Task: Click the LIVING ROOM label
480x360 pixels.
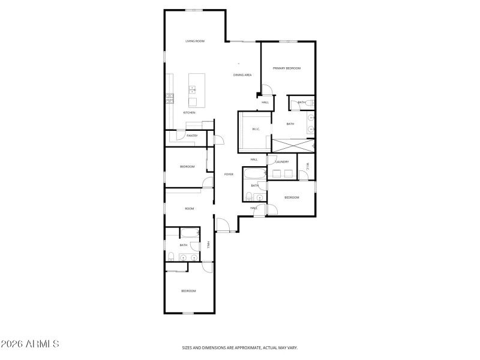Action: tap(194, 41)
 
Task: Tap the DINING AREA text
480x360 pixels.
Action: tap(242, 75)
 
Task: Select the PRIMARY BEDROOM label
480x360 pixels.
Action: tap(286, 68)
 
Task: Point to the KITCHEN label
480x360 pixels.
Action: tap(189, 113)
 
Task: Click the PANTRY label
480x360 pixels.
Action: tap(192, 136)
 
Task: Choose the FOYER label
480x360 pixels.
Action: tap(229, 175)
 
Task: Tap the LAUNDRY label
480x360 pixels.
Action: tap(282, 162)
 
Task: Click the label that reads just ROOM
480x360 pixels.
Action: tap(190, 208)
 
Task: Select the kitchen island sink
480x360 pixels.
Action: tap(193, 90)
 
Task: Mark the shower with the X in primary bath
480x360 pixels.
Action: tap(292, 145)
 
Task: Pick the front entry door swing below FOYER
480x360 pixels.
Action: tap(222, 225)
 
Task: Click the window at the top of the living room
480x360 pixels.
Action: tap(193, 10)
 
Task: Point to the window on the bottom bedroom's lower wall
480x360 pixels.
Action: tap(188, 313)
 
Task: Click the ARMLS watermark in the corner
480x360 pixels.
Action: tap(30, 344)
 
